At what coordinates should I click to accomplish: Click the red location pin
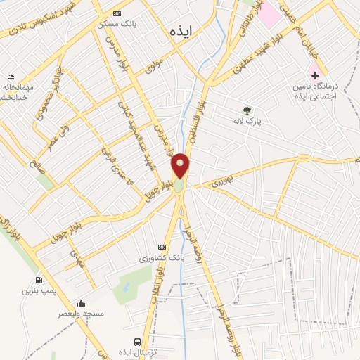[180, 166]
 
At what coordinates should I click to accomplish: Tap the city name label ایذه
[181, 32]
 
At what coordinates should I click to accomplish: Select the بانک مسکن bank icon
[117, 13]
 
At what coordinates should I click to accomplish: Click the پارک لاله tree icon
[247, 110]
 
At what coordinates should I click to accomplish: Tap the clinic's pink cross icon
[315, 75]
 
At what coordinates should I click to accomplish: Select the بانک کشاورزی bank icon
[162, 247]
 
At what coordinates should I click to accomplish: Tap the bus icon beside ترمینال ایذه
[127, 340]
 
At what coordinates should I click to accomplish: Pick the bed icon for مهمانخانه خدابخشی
[10, 77]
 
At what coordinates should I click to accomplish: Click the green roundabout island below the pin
[179, 186]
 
